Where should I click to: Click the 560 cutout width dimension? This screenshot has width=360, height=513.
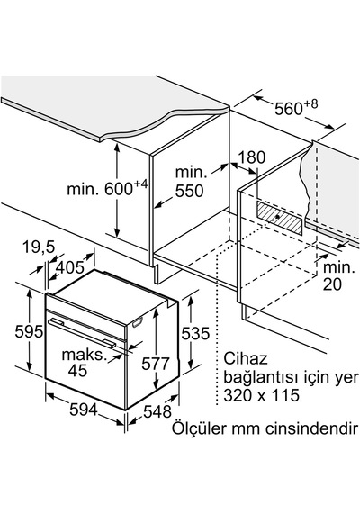point(296,108)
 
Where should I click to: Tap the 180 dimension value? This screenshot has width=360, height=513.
point(251,157)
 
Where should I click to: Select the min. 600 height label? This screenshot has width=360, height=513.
point(107,188)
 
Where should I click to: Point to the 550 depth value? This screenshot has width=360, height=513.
point(190,191)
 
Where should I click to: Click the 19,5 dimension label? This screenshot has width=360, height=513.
point(39,247)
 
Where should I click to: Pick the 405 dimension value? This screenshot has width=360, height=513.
point(69,268)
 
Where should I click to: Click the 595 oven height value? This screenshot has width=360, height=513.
point(29,332)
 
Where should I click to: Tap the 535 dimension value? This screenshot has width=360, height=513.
point(195,334)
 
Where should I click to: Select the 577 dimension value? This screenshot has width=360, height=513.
point(156,364)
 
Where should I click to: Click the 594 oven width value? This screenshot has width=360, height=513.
point(84,409)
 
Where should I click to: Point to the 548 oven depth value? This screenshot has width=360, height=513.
point(157,411)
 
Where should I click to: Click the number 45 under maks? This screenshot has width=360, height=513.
point(78,371)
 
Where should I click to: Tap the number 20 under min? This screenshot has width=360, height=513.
point(332,284)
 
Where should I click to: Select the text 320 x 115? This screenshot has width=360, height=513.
point(262,395)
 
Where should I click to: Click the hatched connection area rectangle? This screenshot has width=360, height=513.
point(280,218)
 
